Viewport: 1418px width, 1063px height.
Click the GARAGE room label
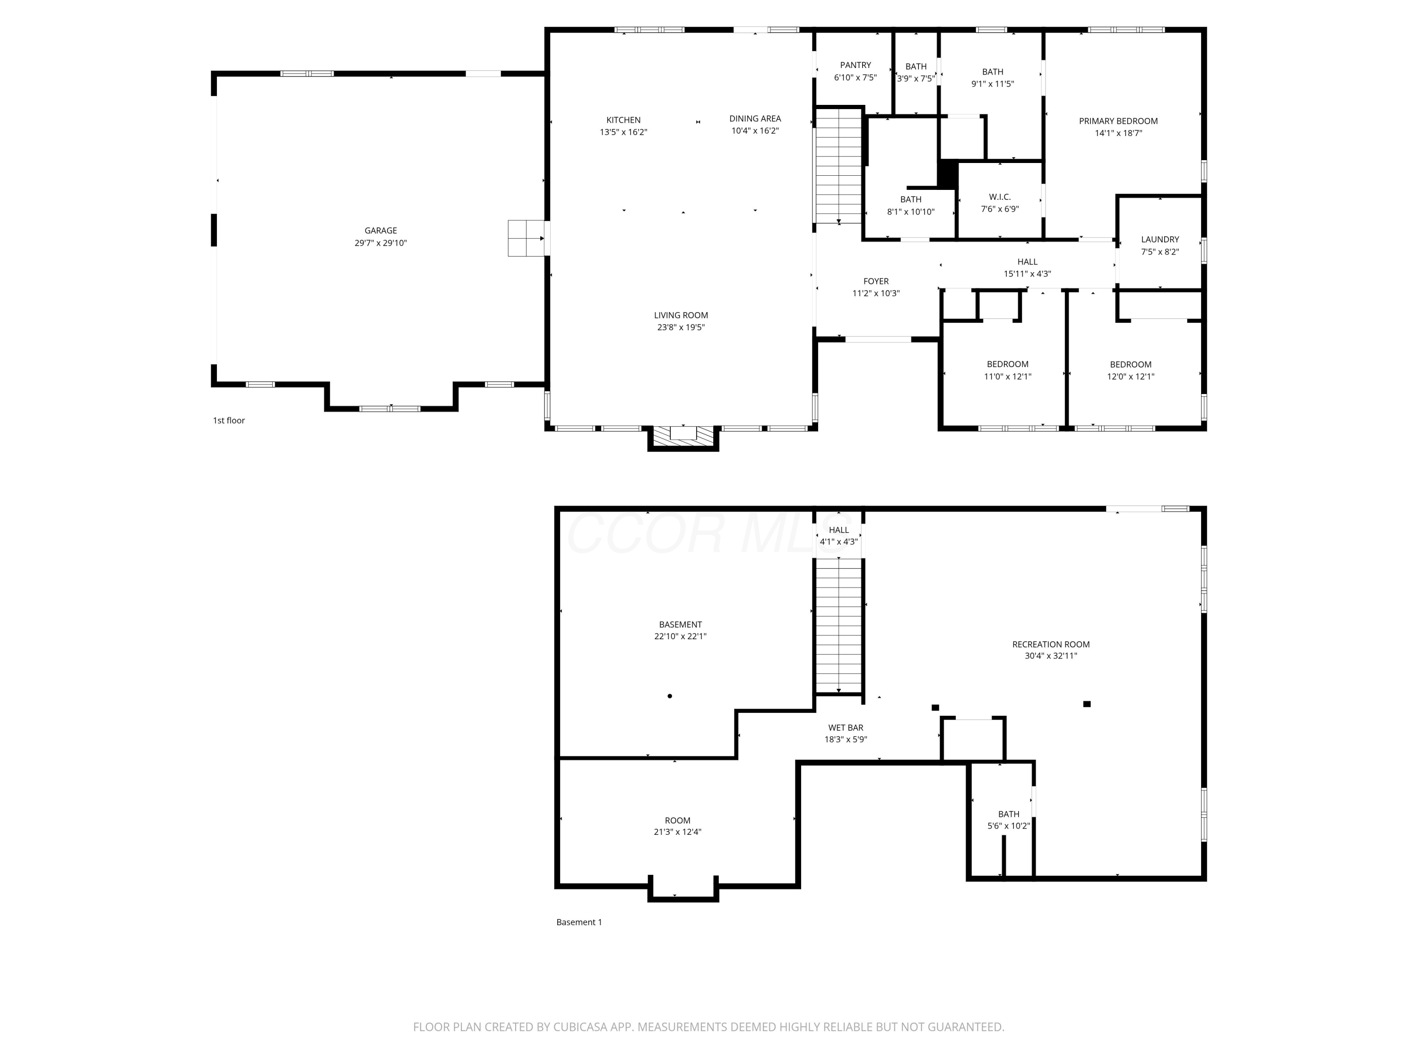(381, 231)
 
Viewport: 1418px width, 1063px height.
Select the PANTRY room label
(855, 65)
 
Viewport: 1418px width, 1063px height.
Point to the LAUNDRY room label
(1159, 240)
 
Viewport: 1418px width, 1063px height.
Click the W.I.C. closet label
(999, 197)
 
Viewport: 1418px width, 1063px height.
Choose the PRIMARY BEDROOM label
(1118, 121)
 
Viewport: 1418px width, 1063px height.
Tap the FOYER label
(876, 281)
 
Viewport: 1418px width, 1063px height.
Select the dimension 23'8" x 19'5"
(681, 327)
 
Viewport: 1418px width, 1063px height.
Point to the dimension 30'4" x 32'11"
(1051, 655)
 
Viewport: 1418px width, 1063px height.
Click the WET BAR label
(846, 727)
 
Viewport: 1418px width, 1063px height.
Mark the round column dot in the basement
(670, 696)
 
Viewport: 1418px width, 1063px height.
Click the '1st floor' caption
(229, 420)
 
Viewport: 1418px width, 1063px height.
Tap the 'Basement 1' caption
(579, 922)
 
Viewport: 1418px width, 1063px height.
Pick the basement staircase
(839, 626)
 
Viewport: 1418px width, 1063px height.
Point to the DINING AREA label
(755, 119)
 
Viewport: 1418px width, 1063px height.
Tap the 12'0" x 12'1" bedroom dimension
(1131, 377)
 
